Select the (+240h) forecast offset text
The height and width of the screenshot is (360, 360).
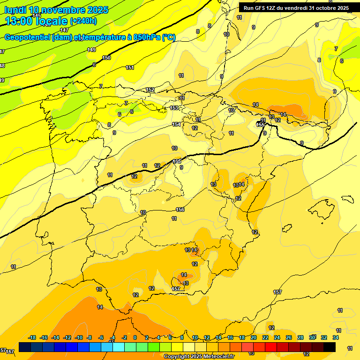click(x=83, y=21)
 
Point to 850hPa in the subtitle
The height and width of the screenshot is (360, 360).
click(x=147, y=37)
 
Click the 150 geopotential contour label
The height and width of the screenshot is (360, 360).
click(x=106, y=58)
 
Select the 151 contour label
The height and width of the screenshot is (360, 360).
click(x=130, y=67)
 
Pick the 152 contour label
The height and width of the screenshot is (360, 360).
click(x=150, y=90)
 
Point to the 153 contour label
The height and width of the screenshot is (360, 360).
click(x=174, y=108)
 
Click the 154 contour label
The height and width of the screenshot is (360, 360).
click(x=176, y=124)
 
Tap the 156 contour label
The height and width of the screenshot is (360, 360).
click(x=180, y=210)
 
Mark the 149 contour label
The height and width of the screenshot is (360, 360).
click(x=91, y=50)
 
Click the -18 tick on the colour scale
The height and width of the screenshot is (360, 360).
click(x=32, y=337)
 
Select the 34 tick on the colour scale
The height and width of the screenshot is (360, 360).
click(x=336, y=337)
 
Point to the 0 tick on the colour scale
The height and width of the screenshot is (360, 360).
click(x=135, y=337)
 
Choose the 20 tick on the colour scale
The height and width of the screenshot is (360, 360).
click(x=254, y=337)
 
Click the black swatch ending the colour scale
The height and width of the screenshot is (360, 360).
click(x=330, y=347)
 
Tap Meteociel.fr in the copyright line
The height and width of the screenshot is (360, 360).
click(x=216, y=357)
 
